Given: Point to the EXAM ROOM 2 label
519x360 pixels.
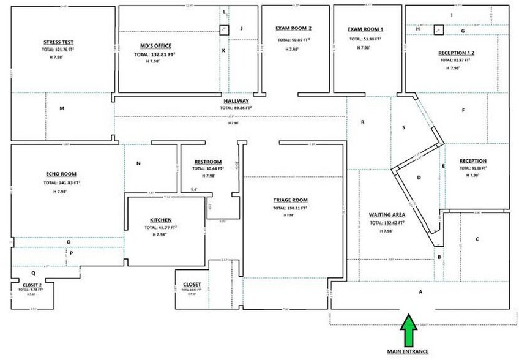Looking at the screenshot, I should pos(294,29).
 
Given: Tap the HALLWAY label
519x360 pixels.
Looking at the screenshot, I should pos(235,100).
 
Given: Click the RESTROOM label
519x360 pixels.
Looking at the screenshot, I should pos(207,162).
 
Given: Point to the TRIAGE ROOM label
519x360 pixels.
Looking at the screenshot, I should pos(290,200).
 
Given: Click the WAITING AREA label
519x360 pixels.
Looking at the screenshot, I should pos(387,215).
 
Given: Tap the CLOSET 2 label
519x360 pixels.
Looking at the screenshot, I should pos(32,285).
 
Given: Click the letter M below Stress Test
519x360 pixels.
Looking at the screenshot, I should pos(62,108).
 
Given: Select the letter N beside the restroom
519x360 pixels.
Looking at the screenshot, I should pos(139,163).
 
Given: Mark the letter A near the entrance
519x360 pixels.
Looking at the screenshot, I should pos(420,292).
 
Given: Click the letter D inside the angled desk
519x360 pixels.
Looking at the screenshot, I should pos(419,178).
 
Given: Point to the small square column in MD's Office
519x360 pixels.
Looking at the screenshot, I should pos(225,29).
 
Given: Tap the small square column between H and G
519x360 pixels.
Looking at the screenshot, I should pos(438,29).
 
